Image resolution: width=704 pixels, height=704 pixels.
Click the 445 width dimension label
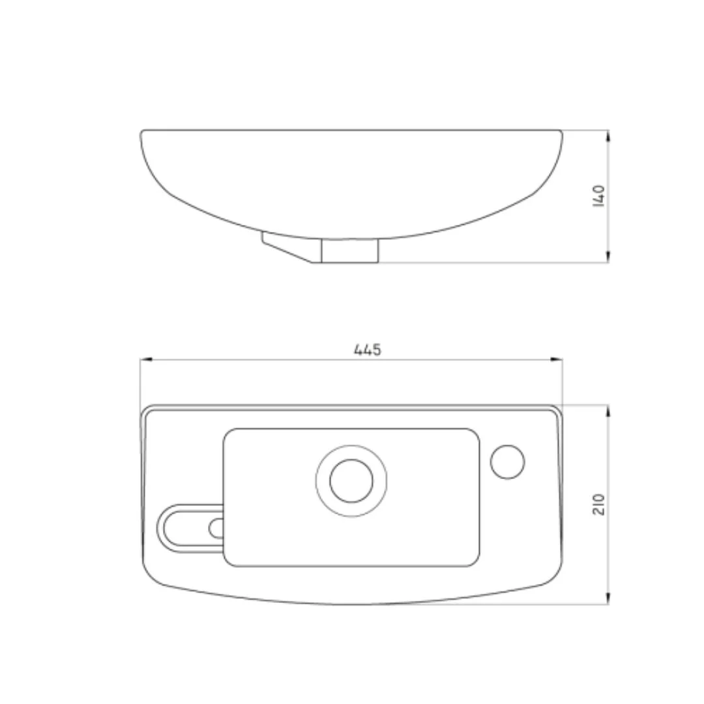pyautogui.click(x=368, y=349)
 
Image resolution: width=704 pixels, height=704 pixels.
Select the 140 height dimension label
pyautogui.click(x=599, y=196)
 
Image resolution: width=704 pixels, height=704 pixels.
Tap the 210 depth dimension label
pyautogui.click(x=599, y=504)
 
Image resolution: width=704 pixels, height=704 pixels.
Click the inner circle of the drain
pyautogui.click(x=351, y=480)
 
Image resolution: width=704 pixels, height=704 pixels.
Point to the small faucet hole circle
pyautogui.click(x=507, y=462)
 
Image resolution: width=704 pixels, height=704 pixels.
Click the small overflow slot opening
pyautogui.click(x=217, y=528)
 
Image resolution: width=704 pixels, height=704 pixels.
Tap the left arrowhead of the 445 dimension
pyautogui.click(x=147, y=360)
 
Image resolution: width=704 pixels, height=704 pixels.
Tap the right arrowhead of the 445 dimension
pyautogui.click(x=556, y=360)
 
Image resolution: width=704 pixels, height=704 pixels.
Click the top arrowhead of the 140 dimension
pyautogui.click(x=608, y=136)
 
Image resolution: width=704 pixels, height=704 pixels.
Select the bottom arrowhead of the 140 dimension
pyautogui.click(x=608, y=256)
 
